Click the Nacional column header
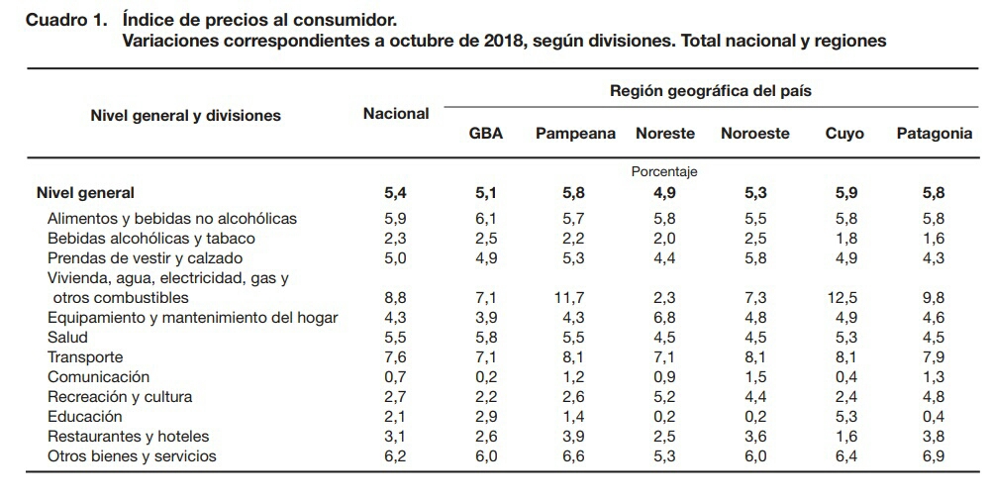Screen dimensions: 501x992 pos(396,114)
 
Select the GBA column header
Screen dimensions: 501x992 pos(485,134)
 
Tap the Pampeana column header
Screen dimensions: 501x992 pos(575,134)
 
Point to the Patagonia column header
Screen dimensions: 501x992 pos(934,134)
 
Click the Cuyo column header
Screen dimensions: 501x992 pos(844,134)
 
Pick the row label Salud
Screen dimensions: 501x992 pos(67,338)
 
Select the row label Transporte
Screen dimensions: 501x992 pos(85,357)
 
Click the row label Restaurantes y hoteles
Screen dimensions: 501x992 pos(128,437)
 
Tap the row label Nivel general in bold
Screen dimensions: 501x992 pos(85,193)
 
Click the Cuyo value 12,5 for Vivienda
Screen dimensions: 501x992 pos(844,298)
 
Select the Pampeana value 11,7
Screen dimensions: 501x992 pos(575,298)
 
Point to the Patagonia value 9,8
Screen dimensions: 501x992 pos(934,298)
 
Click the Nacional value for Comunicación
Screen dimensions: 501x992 pos(395,377)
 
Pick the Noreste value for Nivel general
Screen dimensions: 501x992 pos(664,193)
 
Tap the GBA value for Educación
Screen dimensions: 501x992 pos(485,417)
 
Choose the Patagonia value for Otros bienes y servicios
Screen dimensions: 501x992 pos(934,456)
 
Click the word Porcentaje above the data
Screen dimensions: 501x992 pos(664,171)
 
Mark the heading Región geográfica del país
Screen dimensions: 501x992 pos(711,91)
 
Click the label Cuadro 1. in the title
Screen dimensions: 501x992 pos(65,20)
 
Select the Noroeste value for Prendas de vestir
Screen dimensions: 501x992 pos(754,258)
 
